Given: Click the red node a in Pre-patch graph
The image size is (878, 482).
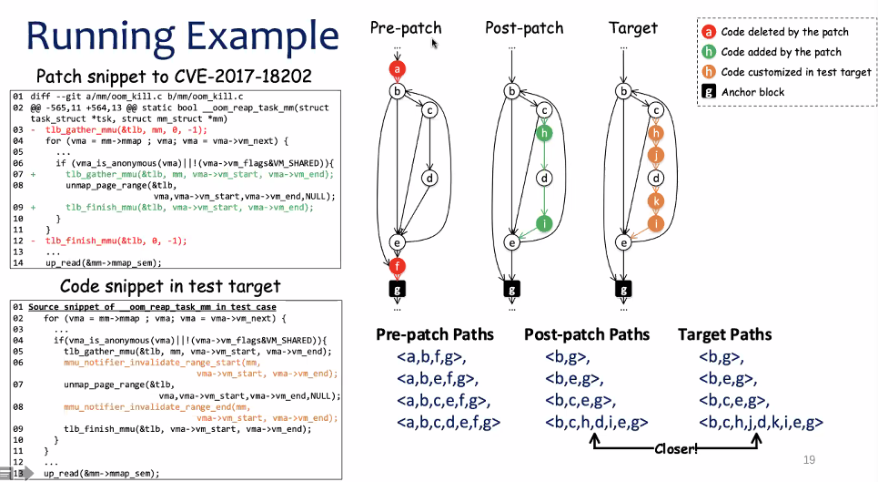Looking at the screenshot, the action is click(397, 68).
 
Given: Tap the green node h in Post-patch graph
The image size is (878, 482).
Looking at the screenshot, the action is click(545, 133).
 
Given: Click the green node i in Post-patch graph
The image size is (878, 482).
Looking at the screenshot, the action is click(545, 222).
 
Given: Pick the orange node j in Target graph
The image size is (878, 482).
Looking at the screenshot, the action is click(655, 156).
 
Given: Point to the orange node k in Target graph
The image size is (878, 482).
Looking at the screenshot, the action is click(655, 200).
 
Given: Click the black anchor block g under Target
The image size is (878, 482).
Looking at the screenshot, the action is click(623, 290).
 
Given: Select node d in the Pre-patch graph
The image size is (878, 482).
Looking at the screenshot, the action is click(429, 179).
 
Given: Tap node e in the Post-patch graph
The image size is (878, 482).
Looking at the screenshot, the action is click(512, 242).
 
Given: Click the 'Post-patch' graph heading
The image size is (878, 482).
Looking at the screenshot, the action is click(524, 28).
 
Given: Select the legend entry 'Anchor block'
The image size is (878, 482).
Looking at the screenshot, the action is click(753, 92).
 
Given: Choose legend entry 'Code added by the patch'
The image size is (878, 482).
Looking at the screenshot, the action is click(781, 52).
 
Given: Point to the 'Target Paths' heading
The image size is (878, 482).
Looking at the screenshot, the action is click(724, 334).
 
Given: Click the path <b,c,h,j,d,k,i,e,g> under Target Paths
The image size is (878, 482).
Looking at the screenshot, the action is click(761, 422).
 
